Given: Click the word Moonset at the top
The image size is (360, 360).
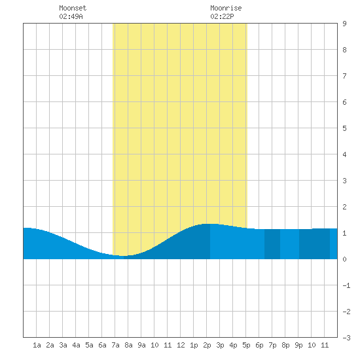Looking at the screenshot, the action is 73,8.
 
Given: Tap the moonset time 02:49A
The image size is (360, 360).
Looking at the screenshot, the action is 71,16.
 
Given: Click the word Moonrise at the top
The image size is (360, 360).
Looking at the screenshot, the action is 226,8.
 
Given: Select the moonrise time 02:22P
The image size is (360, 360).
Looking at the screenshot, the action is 222,16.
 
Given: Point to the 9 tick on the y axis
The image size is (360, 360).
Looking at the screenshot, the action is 344,24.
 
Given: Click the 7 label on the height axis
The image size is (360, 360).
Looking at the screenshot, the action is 344,76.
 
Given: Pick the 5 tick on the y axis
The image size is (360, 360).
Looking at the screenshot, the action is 344,128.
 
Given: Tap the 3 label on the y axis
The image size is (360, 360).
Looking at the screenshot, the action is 344,181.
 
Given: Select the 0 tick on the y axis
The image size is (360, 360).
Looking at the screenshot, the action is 344,259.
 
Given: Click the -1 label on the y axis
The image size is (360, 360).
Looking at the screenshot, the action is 346,285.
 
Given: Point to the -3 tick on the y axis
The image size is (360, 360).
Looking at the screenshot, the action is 346,338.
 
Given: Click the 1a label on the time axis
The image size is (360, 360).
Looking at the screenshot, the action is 37,345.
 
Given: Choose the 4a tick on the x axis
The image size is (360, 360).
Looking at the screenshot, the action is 76,345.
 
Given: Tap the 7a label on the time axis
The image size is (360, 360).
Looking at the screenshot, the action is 115,345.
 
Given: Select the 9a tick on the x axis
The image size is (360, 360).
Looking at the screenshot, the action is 141,345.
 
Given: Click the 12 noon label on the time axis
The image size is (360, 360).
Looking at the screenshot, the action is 181,345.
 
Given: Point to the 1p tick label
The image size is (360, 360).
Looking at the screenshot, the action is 194,345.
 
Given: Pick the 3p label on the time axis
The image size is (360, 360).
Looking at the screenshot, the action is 220,345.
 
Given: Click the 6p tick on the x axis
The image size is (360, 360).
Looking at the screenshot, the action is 259,345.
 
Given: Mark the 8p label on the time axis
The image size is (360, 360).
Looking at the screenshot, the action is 285,345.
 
